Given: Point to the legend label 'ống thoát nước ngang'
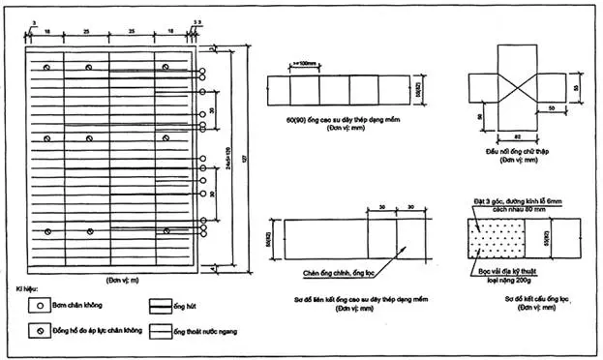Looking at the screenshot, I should [205, 332].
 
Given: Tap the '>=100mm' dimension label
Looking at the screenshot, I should [308, 65].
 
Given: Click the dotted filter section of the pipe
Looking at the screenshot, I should [495, 236].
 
